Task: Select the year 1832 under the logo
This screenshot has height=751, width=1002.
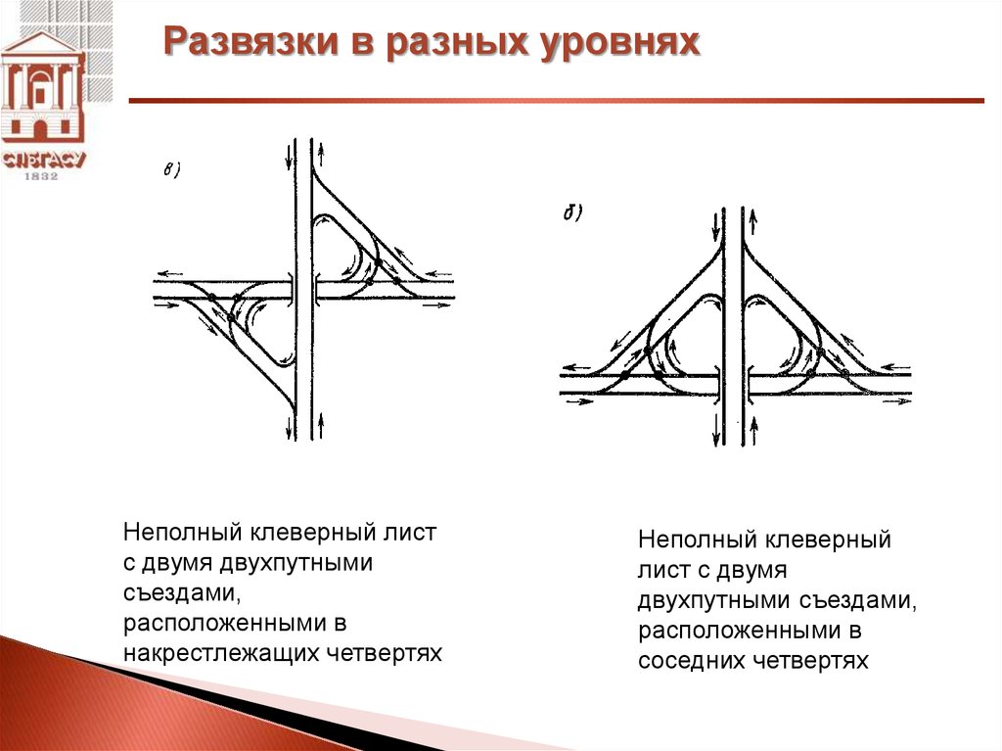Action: click(41, 175)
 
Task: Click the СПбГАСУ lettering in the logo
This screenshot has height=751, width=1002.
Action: click(43, 160)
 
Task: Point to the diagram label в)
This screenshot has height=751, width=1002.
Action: click(171, 169)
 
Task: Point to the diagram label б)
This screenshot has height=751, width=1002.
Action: click(571, 212)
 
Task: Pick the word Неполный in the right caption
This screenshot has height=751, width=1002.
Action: click(696, 540)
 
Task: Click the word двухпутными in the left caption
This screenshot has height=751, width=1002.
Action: click(296, 563)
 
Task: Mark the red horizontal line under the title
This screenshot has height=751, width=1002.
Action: click(556, 101)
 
